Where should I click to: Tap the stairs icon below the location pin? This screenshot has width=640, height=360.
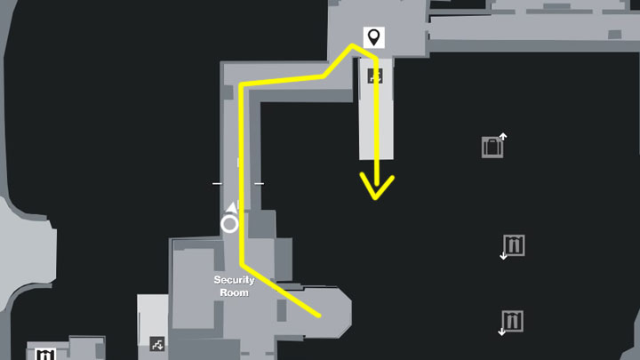[375, 76]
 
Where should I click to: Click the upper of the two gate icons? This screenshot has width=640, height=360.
[514, 244]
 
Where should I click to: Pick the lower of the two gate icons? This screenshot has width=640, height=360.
[513, 320]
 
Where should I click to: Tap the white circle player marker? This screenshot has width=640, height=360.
[229, 223]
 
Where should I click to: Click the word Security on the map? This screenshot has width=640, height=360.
[234, 280]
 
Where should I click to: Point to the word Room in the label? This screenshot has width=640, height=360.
[234, 292]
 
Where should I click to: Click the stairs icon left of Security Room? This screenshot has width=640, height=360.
[157, 342]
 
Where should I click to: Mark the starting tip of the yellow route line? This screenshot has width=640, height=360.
[317, 315]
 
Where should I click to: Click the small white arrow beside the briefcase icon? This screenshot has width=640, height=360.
[503, 136]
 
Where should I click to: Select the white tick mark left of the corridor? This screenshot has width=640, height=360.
[217, 184]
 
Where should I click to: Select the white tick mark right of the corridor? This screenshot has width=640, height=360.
[259, 184]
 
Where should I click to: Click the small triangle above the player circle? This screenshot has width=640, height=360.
[232, 207]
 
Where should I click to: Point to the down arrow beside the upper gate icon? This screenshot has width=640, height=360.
[503, 256]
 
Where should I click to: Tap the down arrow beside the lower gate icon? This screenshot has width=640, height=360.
[502, 332]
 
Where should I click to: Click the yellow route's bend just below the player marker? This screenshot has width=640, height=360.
[243, 264]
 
